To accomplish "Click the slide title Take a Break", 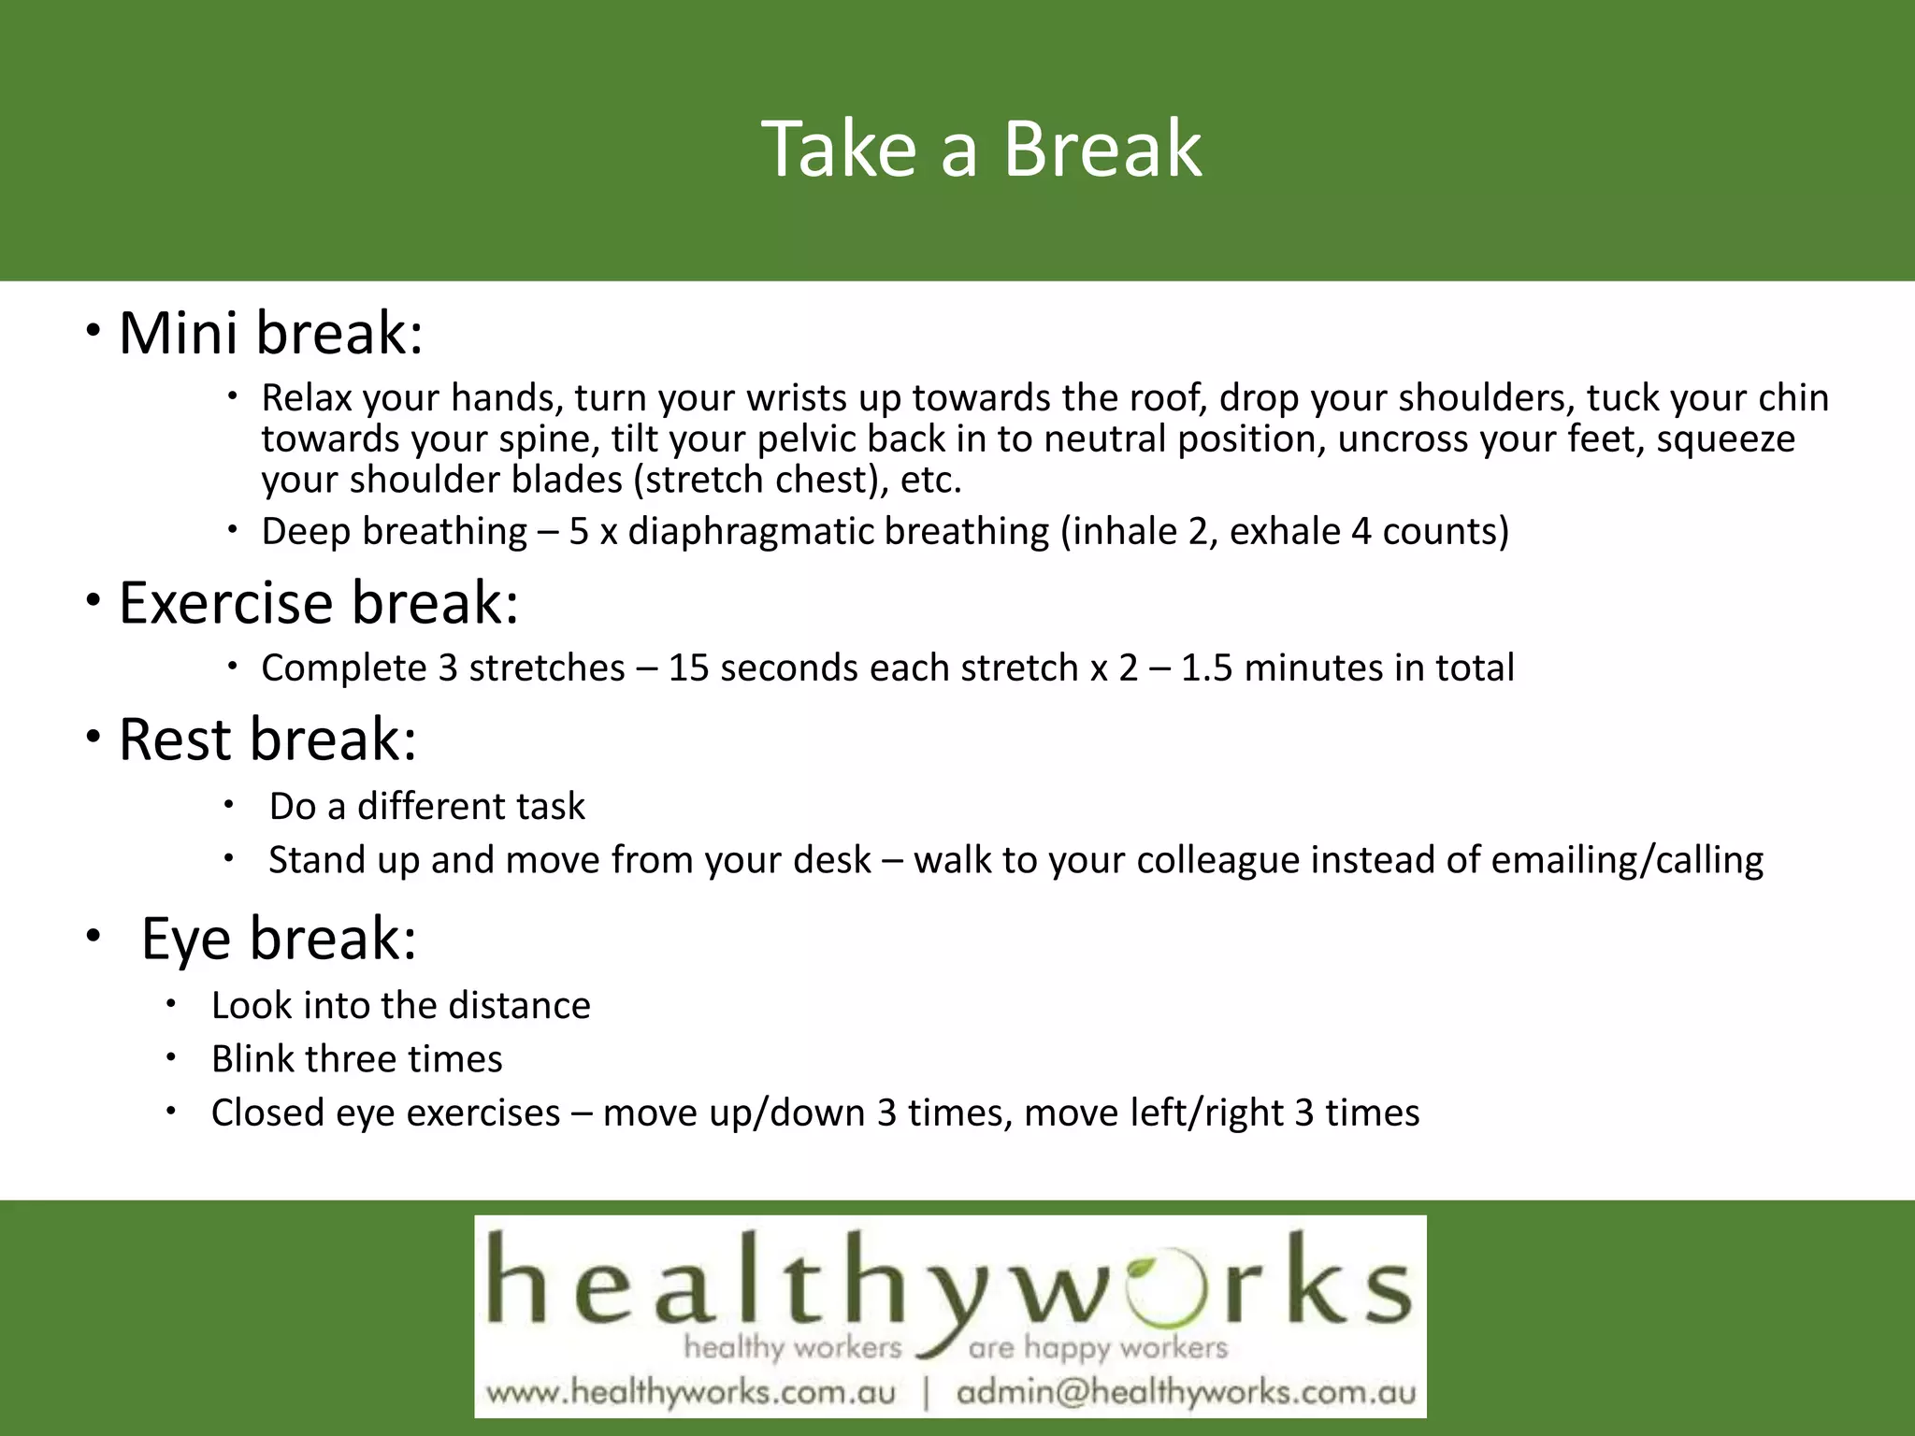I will point(981,150).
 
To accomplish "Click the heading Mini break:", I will point(270,333).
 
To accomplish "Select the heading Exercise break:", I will point(318,602).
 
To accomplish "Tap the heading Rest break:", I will point(267,740).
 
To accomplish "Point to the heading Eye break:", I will point(278,938).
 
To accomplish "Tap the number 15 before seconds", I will point(688,668).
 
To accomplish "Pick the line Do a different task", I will point(426,806).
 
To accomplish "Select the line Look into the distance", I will point(400,1006).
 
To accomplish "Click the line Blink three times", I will point(356,1059).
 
